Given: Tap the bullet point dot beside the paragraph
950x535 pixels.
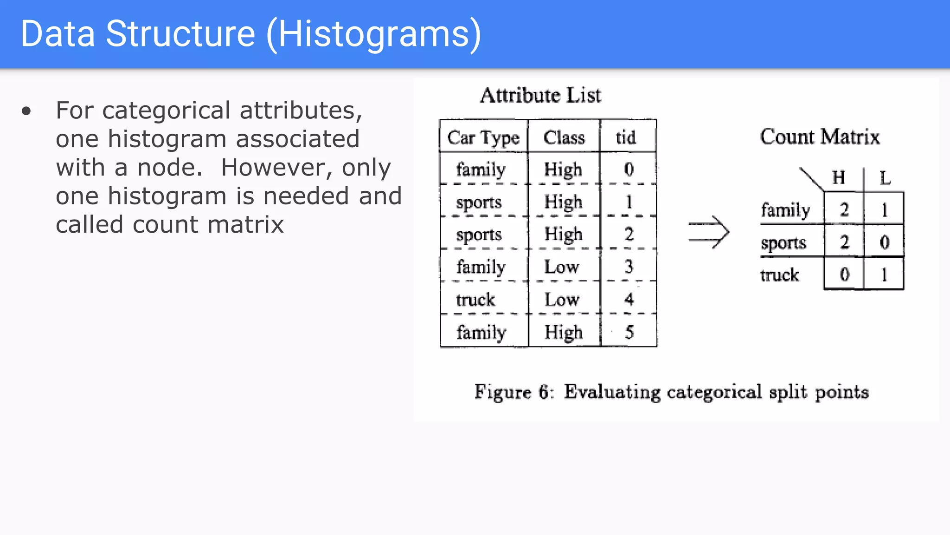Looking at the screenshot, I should click(26, 111).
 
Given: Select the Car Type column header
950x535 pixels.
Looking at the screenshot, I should click(483, 137).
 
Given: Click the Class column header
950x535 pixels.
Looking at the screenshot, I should click(564, 137).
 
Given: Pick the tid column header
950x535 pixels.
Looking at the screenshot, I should click(626, 137).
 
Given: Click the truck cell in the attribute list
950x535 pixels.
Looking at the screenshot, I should click(475, 300).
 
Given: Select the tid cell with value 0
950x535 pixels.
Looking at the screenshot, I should click(629, 170).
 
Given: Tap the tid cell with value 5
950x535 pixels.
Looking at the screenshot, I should click(629, 332).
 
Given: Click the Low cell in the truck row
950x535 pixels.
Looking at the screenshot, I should click(562, 300).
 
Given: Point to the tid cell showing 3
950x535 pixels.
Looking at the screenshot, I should click(629, 267).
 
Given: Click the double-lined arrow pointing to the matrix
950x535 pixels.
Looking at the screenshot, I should click(708, 232).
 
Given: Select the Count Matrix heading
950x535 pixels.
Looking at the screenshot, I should click(820, 137).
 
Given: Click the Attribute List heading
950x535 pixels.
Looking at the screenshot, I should click(540, 95).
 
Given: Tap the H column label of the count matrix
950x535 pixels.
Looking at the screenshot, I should click(839, 177).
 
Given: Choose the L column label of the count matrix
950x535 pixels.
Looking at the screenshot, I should click(885, 178).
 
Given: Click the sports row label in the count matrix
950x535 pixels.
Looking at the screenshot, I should click(783, 243).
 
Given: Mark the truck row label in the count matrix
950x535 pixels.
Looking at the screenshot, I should click(780, 275).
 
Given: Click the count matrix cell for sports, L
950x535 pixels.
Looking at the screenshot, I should click(884, 242).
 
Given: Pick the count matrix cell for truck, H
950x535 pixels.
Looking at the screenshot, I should click(844, 274).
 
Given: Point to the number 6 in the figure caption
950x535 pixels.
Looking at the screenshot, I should click(544, 392).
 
